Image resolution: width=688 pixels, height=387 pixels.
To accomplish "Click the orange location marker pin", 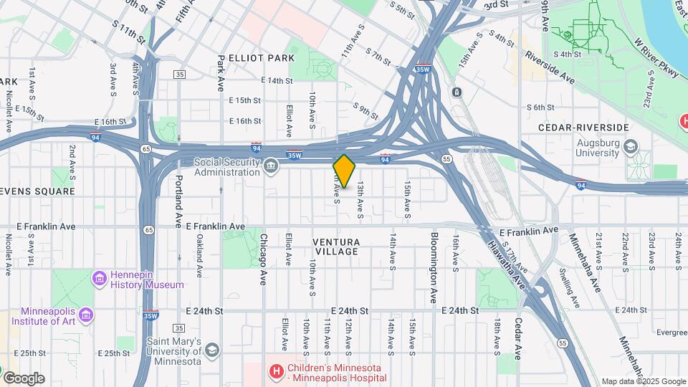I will click(x=345, y=171).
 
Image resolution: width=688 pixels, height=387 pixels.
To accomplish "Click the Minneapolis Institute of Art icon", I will click(x=86, y=315).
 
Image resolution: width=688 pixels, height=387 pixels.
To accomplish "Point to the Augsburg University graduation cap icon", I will click(x=630, y=147).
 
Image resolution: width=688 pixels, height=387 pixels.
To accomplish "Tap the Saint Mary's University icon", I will click(x=211, y=349).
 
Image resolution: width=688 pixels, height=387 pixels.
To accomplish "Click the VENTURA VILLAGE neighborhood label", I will click(x=335, y=247).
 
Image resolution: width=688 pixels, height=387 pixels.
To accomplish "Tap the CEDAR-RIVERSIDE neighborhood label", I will click(x=583, y=128).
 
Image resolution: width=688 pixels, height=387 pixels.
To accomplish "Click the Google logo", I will click(x=24, y=378).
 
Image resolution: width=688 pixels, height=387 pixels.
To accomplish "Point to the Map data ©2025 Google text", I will click(x=644, y=381).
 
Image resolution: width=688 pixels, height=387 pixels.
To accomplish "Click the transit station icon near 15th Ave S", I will click(x=456, y=92).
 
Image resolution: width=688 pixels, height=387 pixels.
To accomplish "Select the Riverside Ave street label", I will click(x=550, y=66).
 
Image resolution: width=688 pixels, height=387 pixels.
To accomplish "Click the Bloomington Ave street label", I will click(x=434, y=267).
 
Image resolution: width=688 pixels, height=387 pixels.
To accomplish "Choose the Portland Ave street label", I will click(x=179, y=199).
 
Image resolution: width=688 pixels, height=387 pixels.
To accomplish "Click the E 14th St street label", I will click(x=277, y=81).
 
